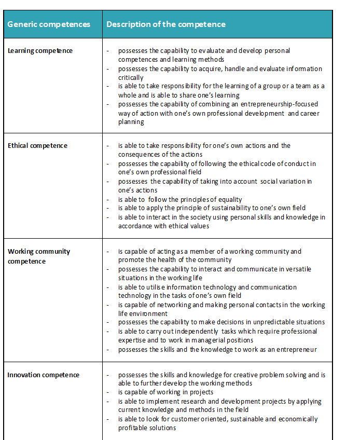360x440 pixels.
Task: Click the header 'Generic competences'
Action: [x=49, y=24]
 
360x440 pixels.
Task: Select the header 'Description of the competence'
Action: [x=166, y=24]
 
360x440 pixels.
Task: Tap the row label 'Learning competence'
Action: [x=40, y=51]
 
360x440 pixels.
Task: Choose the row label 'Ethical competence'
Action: [x=37, y=146]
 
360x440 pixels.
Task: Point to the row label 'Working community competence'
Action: [x=39, y=256]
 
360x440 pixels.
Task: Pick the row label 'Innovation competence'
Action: [x=44, y=375]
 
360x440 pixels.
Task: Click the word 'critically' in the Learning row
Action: [x=131, y=78]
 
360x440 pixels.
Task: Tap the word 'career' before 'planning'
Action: [x=308, y=113]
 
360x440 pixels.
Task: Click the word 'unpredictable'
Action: [x=270, y=322]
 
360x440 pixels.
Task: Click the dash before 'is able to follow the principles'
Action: [x=107, y=199]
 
